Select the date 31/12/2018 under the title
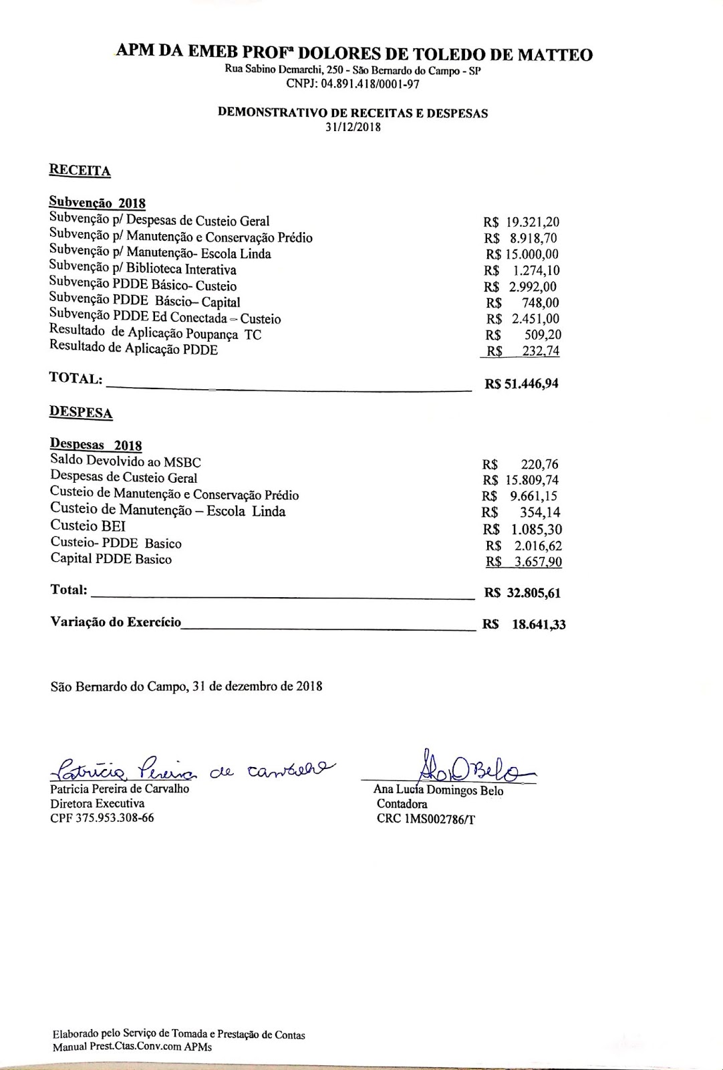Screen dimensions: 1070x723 pos(353,127)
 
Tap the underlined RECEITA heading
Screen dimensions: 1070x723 pos(80,170)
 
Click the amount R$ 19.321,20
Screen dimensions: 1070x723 pos(522,222)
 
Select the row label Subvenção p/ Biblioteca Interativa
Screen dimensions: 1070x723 pos(142,270)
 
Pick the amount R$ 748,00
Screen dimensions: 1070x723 pos(523,303)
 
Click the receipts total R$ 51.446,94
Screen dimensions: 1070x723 pos(521,384)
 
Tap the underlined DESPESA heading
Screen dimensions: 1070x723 pos(81,412)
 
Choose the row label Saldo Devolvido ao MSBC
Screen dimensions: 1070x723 pos(125,461)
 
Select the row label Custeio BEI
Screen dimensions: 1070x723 pos(88,526)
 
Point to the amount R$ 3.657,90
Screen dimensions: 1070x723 pos(524,562)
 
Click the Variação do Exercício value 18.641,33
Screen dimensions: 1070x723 pos(539,625)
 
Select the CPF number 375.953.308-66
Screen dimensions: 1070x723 pos(102,818)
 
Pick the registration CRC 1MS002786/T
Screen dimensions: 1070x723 pos(426,819)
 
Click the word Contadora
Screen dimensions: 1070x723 pos(402,805)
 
